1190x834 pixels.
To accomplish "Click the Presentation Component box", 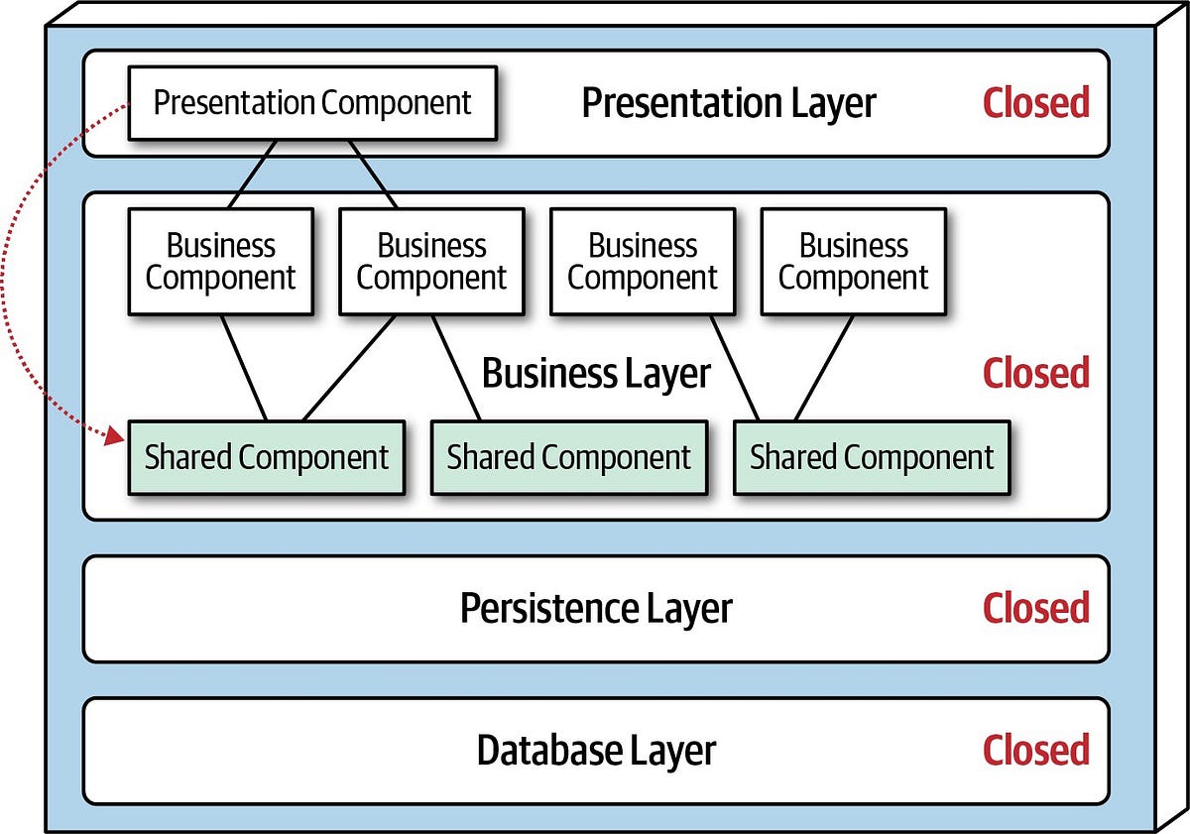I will pyautogui.click(x=311, y=102).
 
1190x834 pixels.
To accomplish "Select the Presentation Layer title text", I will pyautogui.click(x=728, y=103).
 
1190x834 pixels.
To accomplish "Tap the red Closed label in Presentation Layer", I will pyautogui.click(x=1035, y=103).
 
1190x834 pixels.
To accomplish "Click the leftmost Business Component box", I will pyautogui.click(x=220, y=262).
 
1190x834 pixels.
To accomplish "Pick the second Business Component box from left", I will pyautogui.click(x=431, y=262).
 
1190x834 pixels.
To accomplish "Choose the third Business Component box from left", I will pyautogui.click(x=642, y=262).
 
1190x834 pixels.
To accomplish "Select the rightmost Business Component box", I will pyautogui.click(x=853, y=262).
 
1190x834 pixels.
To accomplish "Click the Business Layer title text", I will pyautogui.click(x=596, y=374).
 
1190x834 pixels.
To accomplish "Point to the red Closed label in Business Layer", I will pyautogui.click(x=1035, y=373).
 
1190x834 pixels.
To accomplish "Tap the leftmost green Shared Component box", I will pyautogui.click(x=266, y=457).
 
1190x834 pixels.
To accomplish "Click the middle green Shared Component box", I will pyautogui.click(x=568, y=457).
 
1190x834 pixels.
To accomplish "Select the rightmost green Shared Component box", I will pyautogui.click(x=871, y=457).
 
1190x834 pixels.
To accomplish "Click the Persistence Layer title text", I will pyautogui.click(x=596, y=608).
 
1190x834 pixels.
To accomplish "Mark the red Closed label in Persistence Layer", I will pyautogui.click(x=1035, y=608).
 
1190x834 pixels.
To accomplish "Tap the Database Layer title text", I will pyautogui.click(x=596, y=750).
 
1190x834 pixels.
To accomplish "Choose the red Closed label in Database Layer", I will pyautogui.click(x=1035, y=750).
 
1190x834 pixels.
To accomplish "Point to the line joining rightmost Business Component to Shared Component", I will pyautogui.click(x=824, y=368).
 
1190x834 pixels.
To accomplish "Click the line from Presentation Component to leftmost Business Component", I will pyautogui.click(x=252, y=175).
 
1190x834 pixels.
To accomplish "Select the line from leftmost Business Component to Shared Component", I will pyautogui.click(x=244, y=368).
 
